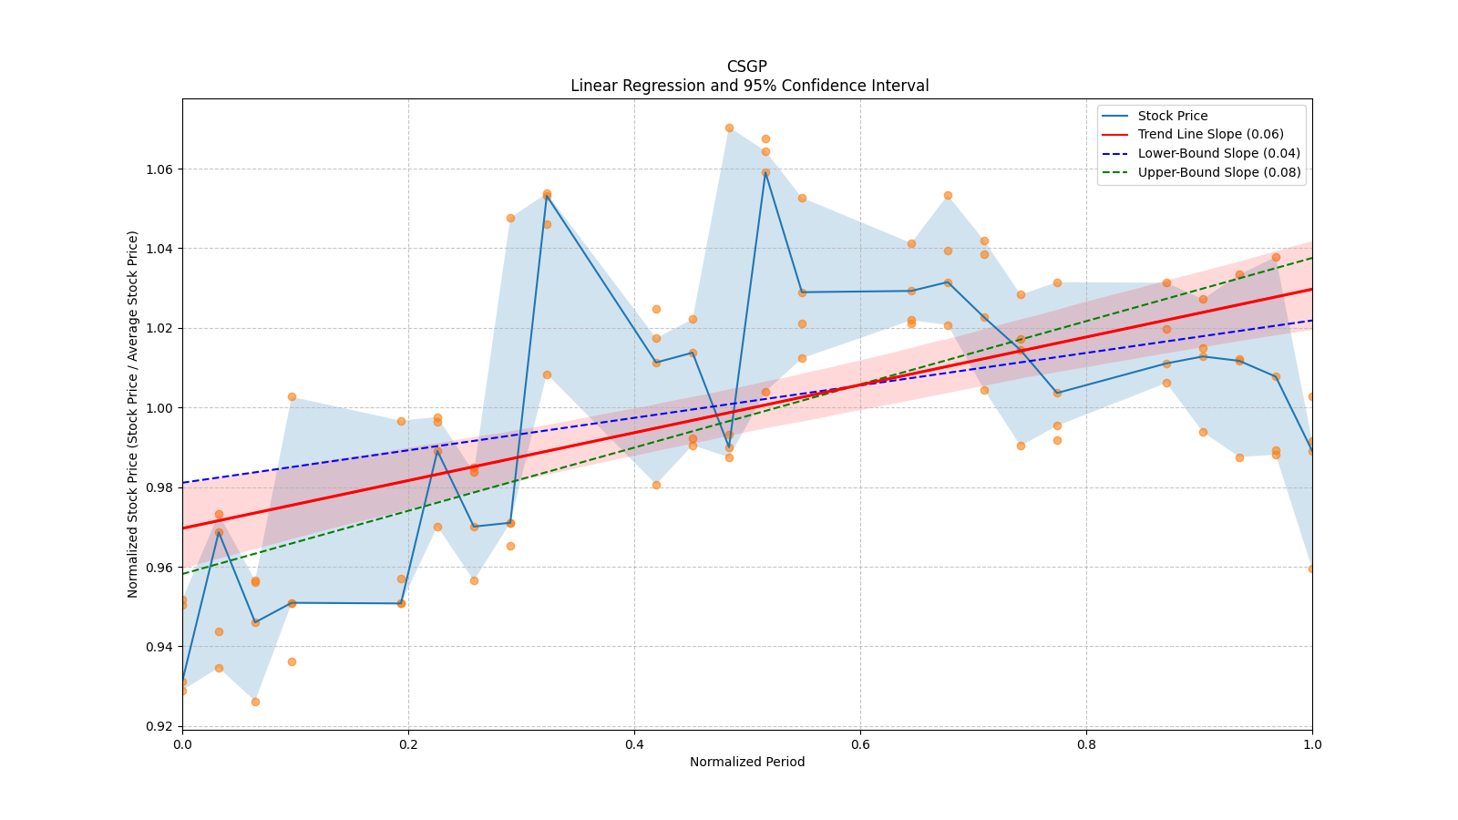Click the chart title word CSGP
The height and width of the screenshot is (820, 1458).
746,67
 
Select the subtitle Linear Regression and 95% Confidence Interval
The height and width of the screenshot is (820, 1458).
749,86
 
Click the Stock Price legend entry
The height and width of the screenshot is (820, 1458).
1172,116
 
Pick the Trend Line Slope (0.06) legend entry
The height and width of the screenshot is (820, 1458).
1210,134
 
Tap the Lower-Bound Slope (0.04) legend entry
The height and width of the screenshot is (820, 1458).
1218,153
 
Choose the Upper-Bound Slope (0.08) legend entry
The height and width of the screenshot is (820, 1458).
1218,172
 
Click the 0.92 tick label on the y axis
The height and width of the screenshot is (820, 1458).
159,726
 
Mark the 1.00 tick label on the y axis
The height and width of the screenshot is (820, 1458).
159,408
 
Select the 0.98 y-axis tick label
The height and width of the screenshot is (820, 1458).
159,488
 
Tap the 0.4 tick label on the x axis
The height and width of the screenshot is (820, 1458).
634,743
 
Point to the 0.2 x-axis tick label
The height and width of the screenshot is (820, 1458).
408,743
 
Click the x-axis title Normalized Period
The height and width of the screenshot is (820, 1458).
747,762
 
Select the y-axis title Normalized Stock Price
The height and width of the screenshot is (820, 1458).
133,415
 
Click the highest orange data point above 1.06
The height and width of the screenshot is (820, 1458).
729,128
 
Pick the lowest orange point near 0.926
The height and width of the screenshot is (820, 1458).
255,702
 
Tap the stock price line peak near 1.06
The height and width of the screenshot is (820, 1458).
765,172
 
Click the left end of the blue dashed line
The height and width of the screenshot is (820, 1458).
183,483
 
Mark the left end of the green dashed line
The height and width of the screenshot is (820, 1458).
183,573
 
